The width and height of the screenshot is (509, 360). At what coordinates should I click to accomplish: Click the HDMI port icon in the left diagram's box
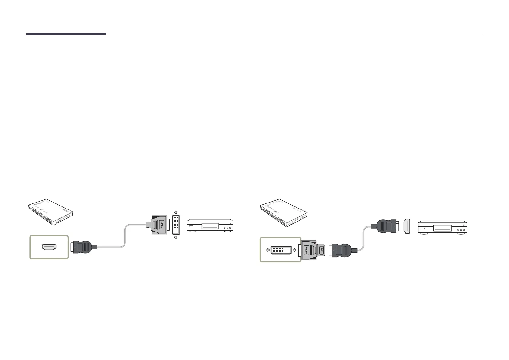point(49,247)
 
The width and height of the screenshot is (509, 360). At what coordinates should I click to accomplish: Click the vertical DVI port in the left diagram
point(176,225)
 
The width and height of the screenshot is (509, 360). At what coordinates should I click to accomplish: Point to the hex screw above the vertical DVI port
point(176,212)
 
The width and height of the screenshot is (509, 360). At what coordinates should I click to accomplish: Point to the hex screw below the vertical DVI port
point(176,237)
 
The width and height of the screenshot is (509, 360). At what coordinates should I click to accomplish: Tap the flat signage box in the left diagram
point(50,212)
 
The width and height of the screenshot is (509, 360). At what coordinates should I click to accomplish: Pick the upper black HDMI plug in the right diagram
point(385,226)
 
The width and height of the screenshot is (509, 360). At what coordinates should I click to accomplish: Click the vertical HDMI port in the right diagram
point(407,226)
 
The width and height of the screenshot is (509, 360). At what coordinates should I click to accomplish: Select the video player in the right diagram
point(442,227)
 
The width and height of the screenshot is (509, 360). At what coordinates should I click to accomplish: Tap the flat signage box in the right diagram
point(284,212)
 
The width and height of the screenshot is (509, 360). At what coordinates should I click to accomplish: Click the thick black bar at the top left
point(66,34)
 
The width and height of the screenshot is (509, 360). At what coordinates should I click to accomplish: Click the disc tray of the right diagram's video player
point(444,228)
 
